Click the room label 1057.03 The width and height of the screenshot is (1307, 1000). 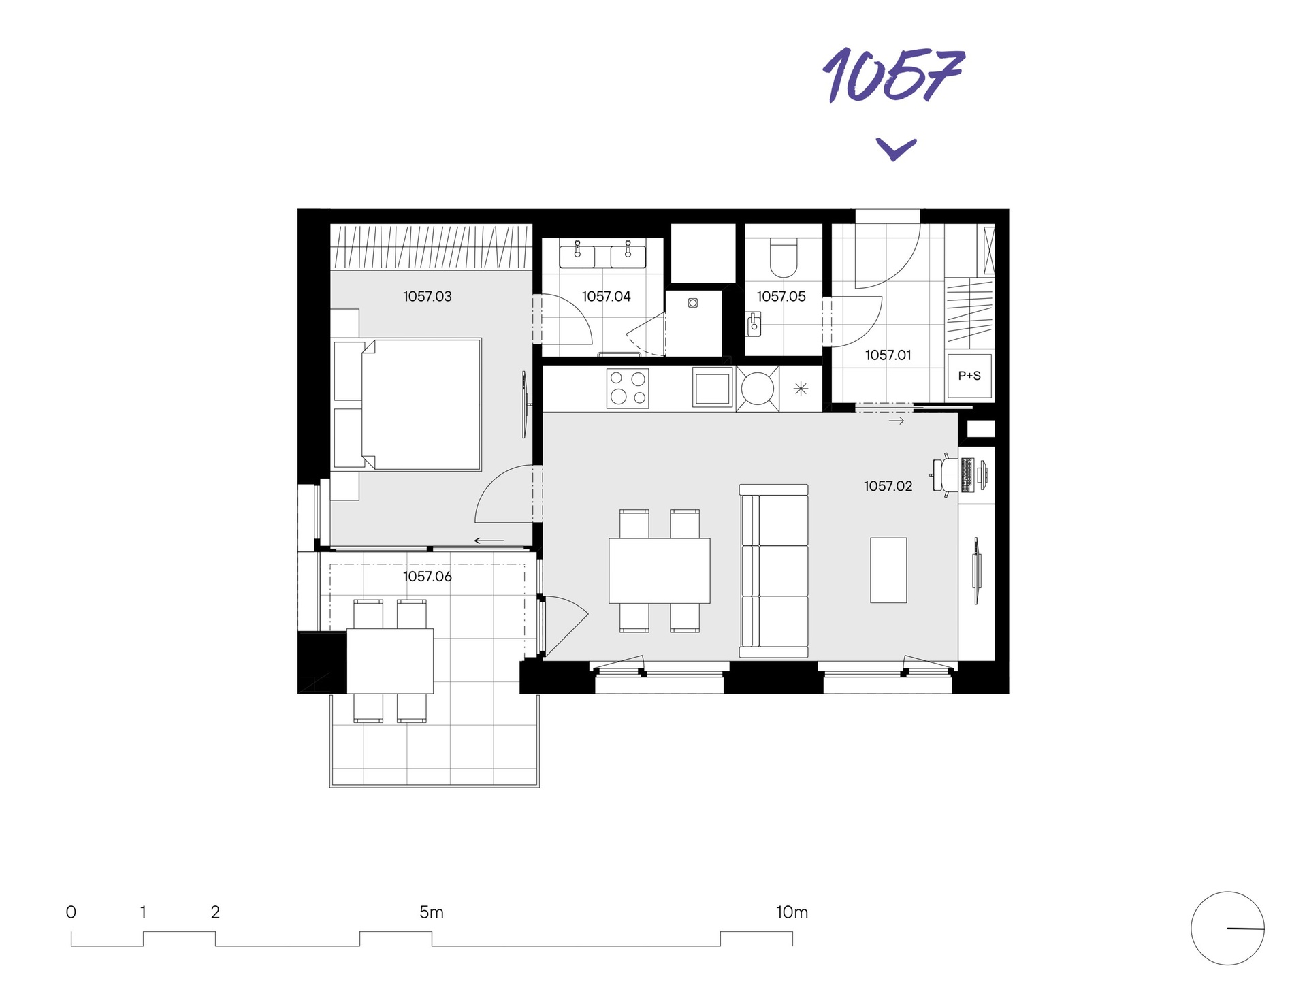(x=427, y=296)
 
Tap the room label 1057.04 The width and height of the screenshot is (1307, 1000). (x=606, y=296)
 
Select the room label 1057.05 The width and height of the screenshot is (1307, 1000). (x=781, y=296)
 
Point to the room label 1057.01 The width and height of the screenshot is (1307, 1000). (x=888, y=355)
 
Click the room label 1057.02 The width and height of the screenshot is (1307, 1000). (x=888, y=486)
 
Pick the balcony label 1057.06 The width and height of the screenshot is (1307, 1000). (x=427, y=577)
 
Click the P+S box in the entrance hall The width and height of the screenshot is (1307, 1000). (x=969, y=376)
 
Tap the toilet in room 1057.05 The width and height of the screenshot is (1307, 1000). (x=783, y=256)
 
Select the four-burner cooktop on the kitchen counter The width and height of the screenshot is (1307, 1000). (x=628, y=388)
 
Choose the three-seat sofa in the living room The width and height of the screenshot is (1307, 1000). (x=774, y=570)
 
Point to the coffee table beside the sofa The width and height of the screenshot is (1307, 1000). (x=888, y=570)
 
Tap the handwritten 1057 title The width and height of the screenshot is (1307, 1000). (x=893, y=75)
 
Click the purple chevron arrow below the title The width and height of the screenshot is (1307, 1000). (x=896, y=148)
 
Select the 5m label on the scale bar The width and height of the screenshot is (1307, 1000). (x=432, y=912)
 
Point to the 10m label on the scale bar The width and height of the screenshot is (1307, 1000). (x=792, y=912)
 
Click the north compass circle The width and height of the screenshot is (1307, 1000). (x=1227, y=928)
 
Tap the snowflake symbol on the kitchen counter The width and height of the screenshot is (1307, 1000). (x=801, y=389)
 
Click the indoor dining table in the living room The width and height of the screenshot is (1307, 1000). (x=659, y=570)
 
